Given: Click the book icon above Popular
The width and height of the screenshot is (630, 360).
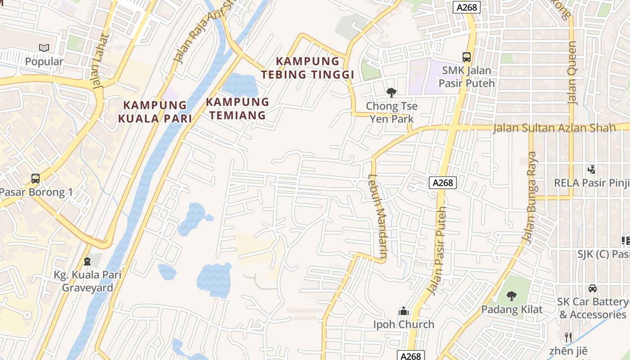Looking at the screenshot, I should coord(44,48).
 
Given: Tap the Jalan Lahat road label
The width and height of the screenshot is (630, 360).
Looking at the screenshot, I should coord(102,61).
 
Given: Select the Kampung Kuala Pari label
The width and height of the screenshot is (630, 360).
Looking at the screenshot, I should coord(155,112).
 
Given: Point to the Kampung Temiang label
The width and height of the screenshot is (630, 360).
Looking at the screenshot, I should coord(238,108).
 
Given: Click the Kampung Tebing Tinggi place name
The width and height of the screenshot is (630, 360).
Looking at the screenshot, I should coord(308,67).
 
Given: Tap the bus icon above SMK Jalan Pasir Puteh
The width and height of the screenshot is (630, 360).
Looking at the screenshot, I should coord(467,57).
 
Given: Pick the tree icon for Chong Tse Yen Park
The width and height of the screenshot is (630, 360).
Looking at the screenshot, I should coord(391,93).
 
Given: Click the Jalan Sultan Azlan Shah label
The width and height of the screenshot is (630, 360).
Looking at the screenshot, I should coord(554,128).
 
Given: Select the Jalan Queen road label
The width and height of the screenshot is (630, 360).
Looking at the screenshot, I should coord(572,73).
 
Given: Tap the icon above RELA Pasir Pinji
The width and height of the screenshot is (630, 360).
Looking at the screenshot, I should coord(592,170).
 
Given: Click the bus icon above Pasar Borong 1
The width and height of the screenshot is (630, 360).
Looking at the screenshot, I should coord(36,178).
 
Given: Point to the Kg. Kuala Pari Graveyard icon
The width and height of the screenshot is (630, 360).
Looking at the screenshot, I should coord(87,261).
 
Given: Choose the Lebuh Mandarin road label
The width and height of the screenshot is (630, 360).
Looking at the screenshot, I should coord(378,216).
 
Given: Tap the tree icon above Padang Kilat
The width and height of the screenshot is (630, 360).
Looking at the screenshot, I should coord(511,296).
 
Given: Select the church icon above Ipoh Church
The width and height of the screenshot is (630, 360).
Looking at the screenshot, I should coord(403,311).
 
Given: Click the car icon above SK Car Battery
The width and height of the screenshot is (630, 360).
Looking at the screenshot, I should coord(593,288).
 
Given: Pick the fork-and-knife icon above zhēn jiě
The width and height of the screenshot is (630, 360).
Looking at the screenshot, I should coord(568,337).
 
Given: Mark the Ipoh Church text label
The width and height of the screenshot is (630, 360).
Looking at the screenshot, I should coord(404,324).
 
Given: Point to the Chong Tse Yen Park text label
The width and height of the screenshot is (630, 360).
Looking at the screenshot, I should coord(391,112).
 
